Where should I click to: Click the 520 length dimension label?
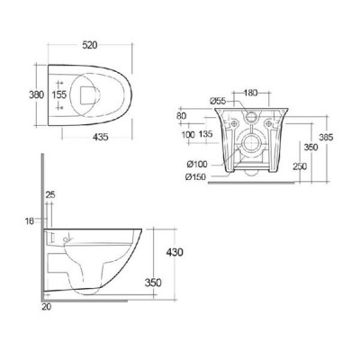90,45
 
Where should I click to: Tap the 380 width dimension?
36,94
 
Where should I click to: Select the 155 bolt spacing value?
59,94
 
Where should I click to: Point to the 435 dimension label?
100,137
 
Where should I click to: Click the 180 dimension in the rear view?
250,93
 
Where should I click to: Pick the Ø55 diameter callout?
218,101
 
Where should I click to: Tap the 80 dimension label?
182,116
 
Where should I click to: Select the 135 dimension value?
205,134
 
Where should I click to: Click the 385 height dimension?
326,137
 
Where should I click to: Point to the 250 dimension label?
300,166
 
